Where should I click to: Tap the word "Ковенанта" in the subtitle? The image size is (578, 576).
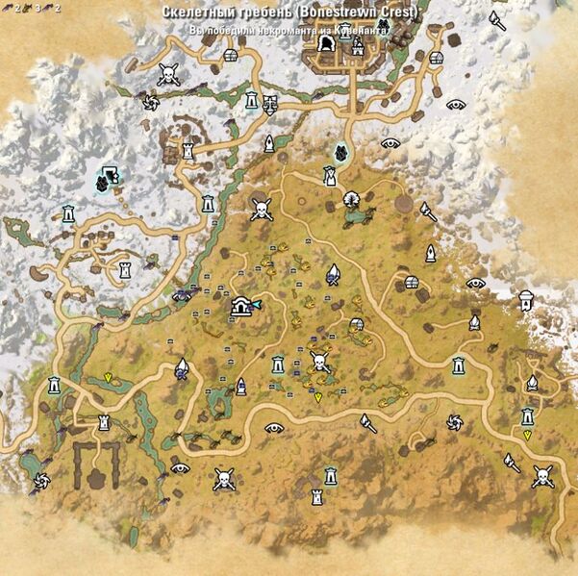(x=361, y=31)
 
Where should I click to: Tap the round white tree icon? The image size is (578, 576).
(x=352, y=199)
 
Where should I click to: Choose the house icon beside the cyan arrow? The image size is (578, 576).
(x=241, y=307)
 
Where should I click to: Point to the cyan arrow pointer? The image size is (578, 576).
(x=256, y=304)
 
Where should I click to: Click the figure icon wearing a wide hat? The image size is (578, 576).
(x=329, y=175)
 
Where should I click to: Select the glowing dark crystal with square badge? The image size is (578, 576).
(x=108, y=176)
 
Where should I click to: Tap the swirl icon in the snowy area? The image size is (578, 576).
(x=147, y=101)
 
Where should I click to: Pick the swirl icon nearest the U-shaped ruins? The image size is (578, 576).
(x=40, y=479)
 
